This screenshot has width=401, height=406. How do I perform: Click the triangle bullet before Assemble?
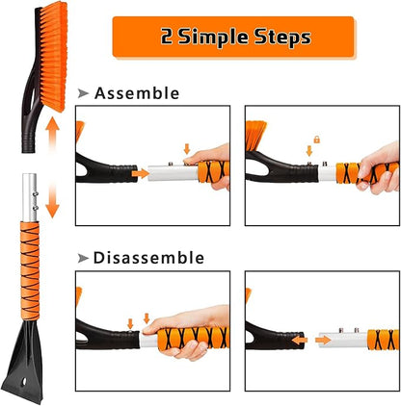(x=83, y=93)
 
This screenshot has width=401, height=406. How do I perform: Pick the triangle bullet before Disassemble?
(x=83, y=258)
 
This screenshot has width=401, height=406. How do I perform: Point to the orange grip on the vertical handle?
(x=30, y=274)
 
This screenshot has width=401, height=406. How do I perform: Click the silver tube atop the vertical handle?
(x=30, y=197)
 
